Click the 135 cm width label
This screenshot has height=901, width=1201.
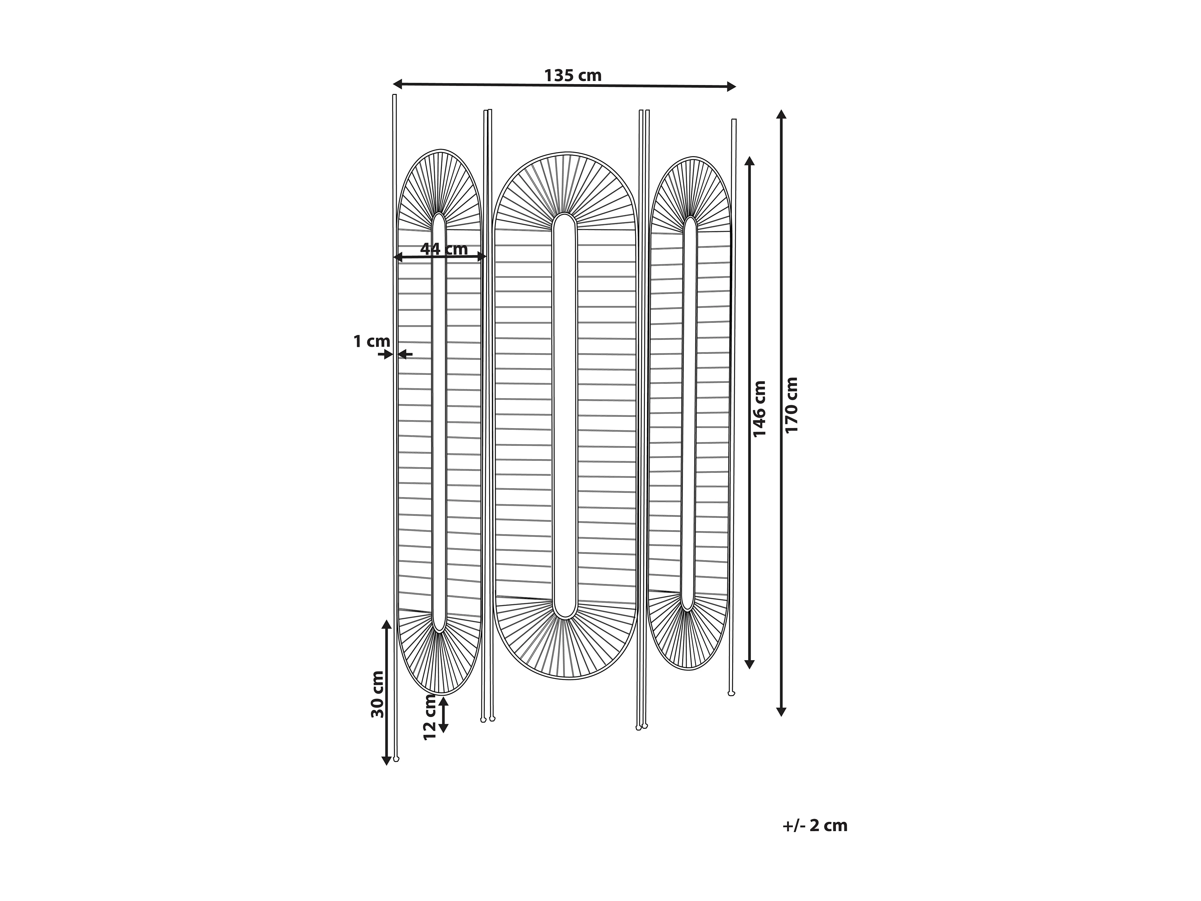573,75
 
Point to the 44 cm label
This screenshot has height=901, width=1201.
443,249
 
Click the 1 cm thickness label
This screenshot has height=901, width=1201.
371,342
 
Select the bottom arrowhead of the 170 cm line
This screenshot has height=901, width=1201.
781,711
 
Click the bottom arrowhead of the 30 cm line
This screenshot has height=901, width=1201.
386,760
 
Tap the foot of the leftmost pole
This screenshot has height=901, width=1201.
396,758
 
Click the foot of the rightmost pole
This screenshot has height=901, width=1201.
731,694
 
